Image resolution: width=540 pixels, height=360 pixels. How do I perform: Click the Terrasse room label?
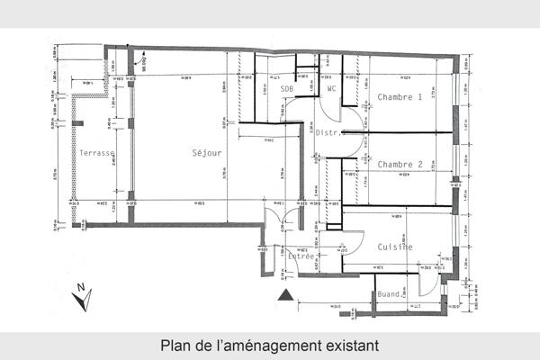95,153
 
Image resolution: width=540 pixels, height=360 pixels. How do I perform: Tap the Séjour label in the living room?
206,153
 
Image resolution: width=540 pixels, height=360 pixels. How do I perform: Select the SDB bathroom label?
287,90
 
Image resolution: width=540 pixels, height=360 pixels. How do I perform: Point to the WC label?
331,89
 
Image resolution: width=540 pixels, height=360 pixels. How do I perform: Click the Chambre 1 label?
400,97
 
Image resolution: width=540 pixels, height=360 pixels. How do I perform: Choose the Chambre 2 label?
400,165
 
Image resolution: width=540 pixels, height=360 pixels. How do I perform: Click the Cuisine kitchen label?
395,247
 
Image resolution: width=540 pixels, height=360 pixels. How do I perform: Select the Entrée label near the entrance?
301,256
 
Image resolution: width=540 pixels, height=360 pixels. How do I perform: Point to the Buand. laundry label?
389,294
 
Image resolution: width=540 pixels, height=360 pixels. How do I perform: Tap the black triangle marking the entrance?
285,294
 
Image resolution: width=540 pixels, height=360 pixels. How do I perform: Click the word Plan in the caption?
175,345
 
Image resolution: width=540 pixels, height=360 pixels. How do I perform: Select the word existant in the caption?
346,345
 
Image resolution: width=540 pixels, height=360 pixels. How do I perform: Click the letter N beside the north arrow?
79,289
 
